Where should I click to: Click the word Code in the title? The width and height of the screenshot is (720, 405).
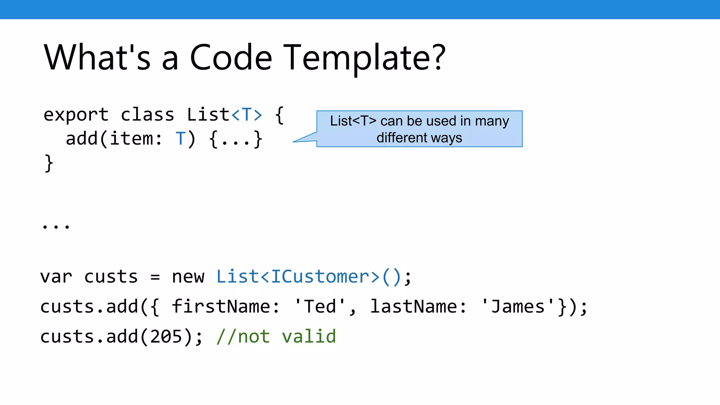[231, 58]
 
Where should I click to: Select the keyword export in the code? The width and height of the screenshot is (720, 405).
[76, 115]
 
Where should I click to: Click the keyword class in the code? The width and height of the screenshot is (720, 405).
[147, 115]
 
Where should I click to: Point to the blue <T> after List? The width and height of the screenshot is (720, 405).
[247, 115]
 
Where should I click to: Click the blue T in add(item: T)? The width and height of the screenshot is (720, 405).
[180, 139]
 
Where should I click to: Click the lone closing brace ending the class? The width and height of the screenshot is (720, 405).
[49, 163]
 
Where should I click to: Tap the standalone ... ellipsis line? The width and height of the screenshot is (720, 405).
[56, 225]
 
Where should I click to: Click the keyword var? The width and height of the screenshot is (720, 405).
[56, 277]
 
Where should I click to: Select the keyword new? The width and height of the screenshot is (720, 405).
[188, 277]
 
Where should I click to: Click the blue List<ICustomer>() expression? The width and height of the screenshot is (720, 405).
[309, 277]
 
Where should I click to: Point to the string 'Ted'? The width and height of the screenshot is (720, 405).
[320, 306]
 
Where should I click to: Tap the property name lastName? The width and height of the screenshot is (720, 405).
[418, 306]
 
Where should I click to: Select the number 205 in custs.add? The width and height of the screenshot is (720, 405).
[166, 336]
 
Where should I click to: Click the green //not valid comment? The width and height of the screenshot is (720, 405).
[276, 336]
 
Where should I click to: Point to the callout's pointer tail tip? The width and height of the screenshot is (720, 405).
[294, 142]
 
